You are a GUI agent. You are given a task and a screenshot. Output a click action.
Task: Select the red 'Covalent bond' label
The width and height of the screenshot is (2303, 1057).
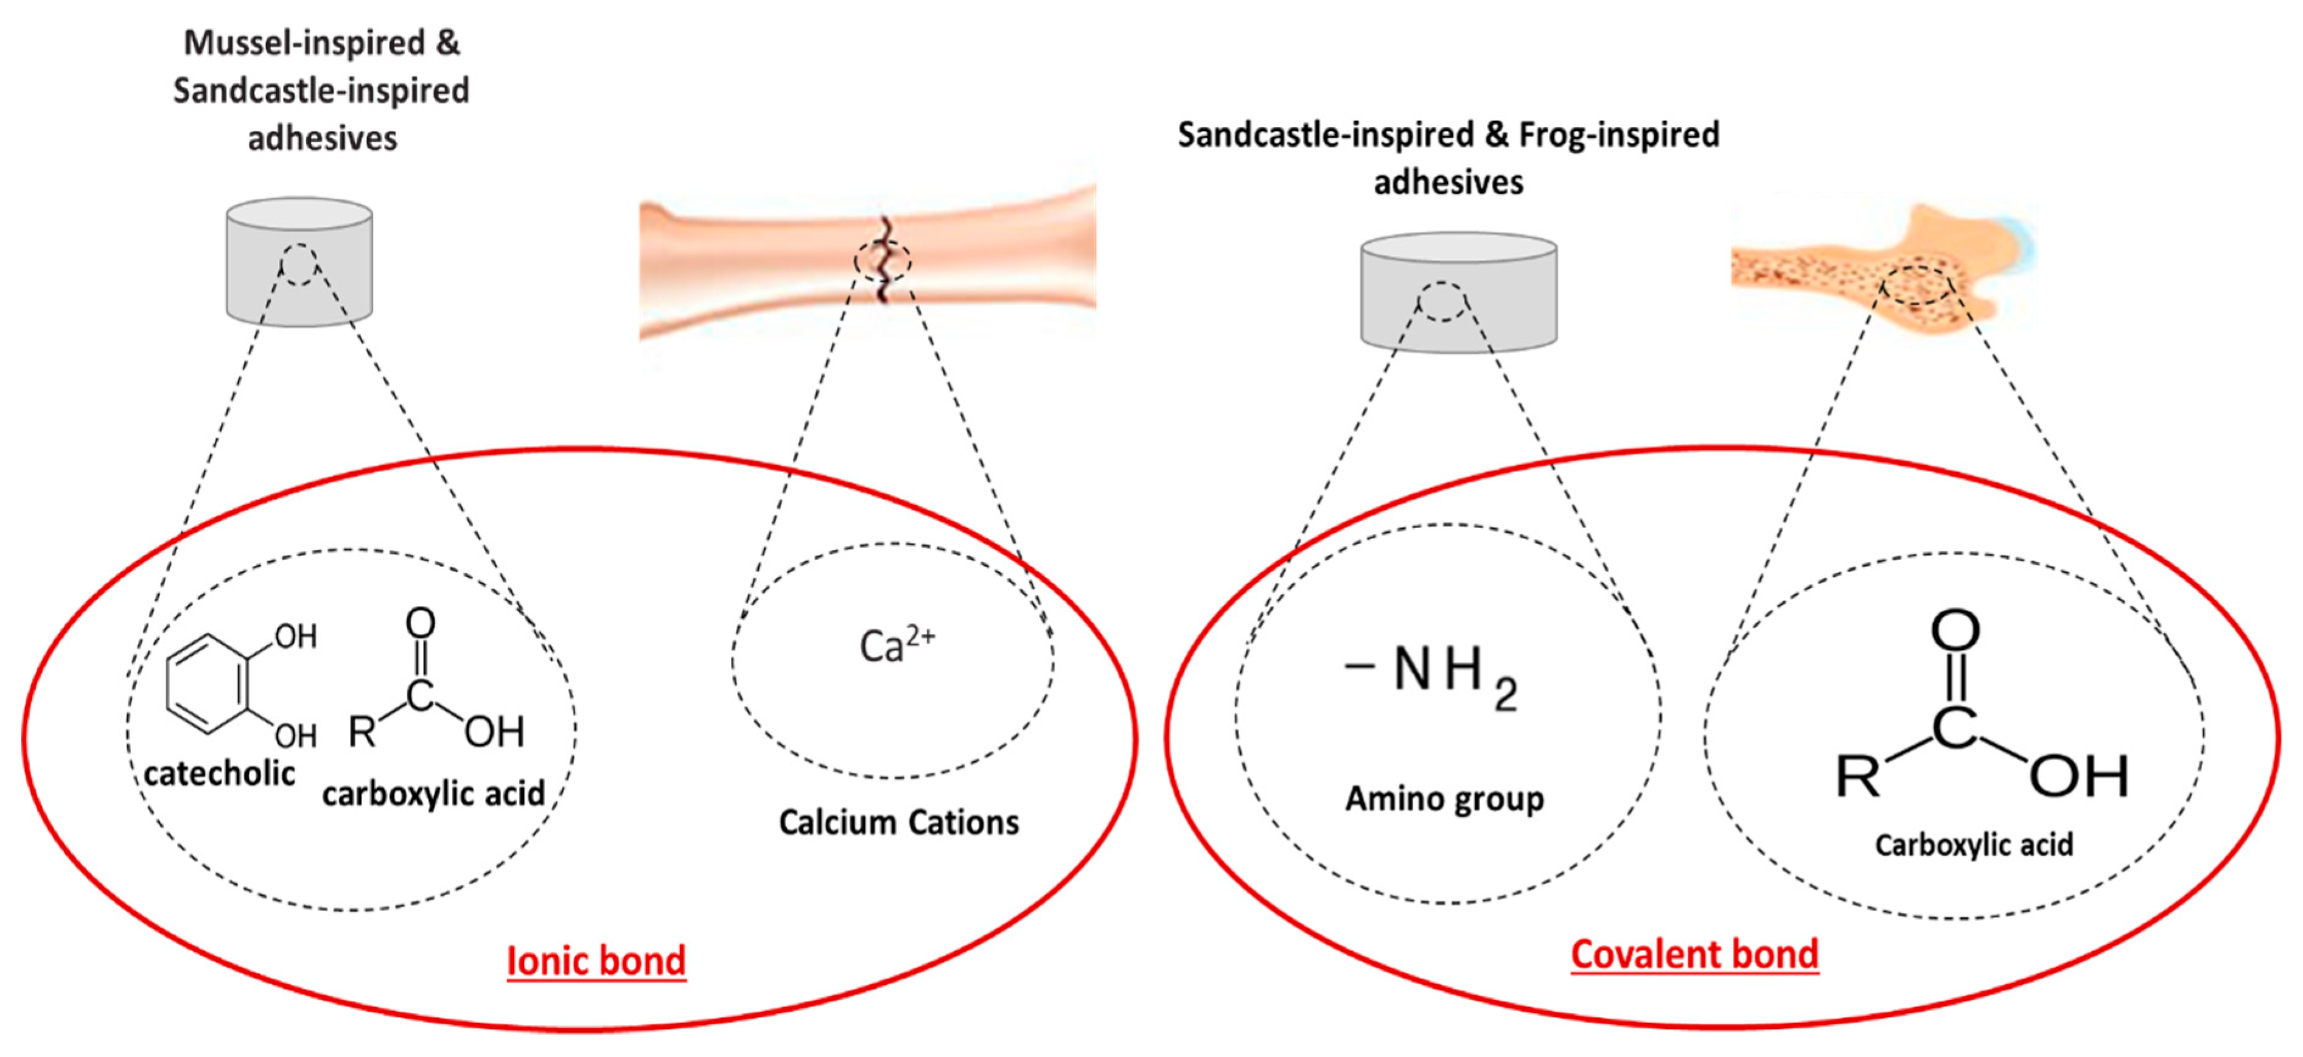(x=1694, y=954)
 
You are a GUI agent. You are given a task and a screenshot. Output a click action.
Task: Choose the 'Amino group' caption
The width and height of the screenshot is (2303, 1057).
(x=1444, y=798)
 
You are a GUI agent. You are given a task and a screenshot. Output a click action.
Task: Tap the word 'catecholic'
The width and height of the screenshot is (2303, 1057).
(x=219, y=773)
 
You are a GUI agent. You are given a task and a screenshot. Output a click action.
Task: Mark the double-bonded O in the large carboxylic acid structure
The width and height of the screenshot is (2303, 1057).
(x=1955, y=631)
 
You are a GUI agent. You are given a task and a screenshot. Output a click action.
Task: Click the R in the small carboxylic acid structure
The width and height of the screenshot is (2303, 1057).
(x=362, y=731)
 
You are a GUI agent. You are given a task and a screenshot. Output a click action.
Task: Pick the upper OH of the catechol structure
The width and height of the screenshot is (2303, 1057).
(x=295, y=637)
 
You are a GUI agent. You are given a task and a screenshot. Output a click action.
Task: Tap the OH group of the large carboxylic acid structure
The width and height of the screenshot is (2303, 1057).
(x=2078, y=776)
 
